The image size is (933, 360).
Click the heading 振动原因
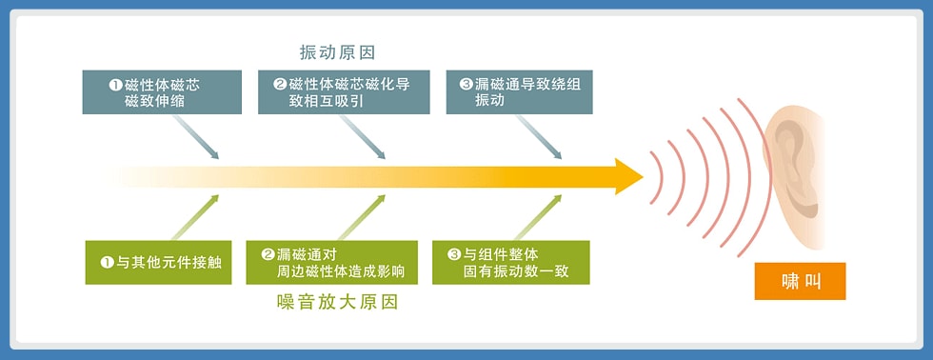tap(337, 52)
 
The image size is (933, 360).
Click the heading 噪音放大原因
tap(337, 302)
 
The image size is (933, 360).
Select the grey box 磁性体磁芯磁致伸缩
tap(162, 92)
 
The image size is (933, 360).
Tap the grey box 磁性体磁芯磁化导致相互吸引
tap(344, 92)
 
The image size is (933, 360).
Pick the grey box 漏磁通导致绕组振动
tap(520, 92)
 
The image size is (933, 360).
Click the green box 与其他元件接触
tap(158, 263)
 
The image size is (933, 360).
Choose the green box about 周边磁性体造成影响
tap(332, 263)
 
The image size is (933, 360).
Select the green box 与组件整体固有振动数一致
tap(511, 263)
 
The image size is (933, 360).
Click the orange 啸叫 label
tap(801, 281)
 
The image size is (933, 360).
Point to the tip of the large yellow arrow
tap(644, 176)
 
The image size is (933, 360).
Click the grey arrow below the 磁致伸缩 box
tap(196, 137)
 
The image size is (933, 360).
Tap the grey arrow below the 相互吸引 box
tap(363, 137)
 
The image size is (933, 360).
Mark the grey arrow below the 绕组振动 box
tap(539, 137)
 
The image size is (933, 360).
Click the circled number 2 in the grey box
tap(280, 84)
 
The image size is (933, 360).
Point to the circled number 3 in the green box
tap(455, 255)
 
